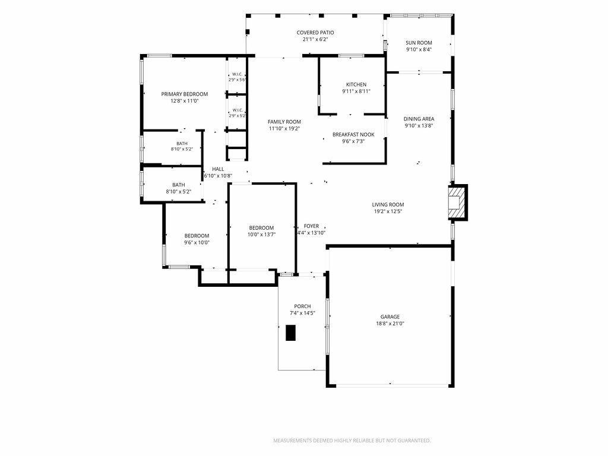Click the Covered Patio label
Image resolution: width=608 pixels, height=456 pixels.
tap(315, 33)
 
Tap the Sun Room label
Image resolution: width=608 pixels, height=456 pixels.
tap(419, 43)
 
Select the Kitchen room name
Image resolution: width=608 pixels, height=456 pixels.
tap(356, 84)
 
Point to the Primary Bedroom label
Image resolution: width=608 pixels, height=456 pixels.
tap(185, 94)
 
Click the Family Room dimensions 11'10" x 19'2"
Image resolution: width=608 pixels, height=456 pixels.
tap(284, 129)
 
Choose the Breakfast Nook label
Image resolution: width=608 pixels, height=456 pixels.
tap(353, 135)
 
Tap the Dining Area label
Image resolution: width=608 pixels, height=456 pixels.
tap(419, 119)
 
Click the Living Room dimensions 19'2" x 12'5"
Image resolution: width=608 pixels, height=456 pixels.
tap(388, 211)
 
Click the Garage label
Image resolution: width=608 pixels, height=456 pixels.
tap(389, 317)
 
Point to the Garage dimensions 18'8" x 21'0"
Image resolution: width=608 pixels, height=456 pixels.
tap(389, 324)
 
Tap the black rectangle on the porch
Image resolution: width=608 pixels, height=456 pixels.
tap(290, 332)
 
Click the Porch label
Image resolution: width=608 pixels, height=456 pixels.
tap(302, 306)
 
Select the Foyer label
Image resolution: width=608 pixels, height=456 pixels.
tap(311, 226)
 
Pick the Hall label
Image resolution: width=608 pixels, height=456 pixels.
tap(218, 169)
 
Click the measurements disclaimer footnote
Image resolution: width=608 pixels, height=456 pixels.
tap(351, 441)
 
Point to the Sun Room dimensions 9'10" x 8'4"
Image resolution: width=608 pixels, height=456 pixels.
tap(419, 50)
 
